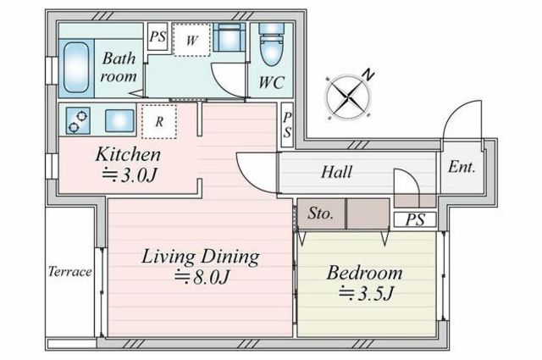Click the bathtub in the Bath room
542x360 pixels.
click(x=76, y=68)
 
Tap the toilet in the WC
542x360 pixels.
click(x=272, y=44)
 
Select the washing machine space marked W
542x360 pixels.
click(x=191, y=40)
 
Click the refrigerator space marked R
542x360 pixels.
click(x=159, y=121)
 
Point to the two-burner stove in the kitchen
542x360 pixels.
click(x=78, y=120)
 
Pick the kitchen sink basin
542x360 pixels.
click(x=119, y=120)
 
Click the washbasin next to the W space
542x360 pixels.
click(x=229, y=37)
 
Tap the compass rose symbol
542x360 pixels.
click(x=349, y=95)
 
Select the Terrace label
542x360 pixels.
click(x=69, y=271)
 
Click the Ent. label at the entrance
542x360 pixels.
click(x=462, y=168)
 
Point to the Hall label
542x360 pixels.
click(x=337, y=172)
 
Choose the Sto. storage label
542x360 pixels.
click(x=321, y=213)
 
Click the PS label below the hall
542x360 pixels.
click(x=416, y=219)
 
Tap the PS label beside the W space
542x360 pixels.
click(x=158, y=36)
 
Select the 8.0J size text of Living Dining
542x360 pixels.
click(x=202, y=277)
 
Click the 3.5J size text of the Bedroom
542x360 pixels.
click(x=367, y=294)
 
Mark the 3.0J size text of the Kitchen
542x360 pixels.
click(x=130, y=175)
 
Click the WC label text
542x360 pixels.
click(x=272, y=82)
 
